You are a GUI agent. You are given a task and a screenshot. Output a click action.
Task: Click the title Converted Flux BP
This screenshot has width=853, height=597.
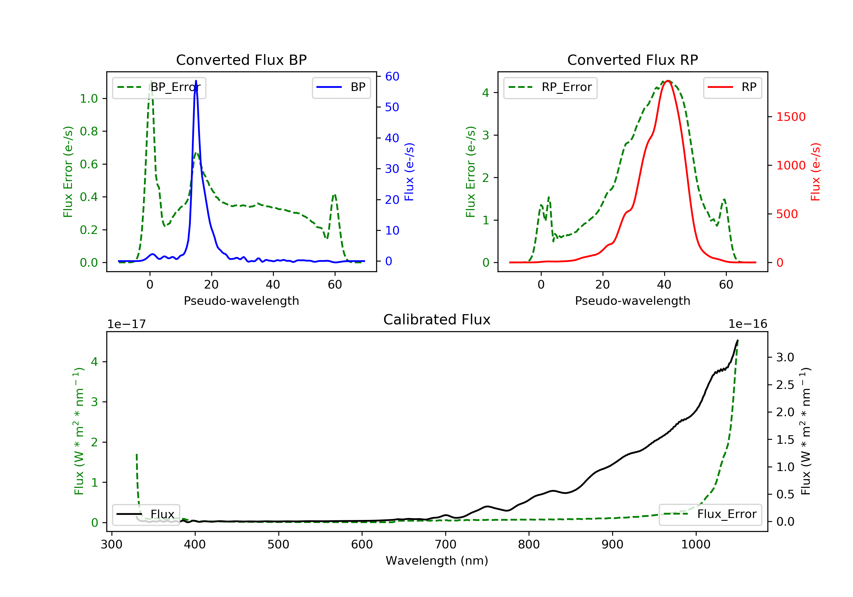tap(241, 60)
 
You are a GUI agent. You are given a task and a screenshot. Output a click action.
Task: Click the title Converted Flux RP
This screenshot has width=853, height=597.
tap(632, 60)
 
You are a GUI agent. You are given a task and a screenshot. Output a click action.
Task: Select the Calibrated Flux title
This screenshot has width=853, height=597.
tap(437, 320)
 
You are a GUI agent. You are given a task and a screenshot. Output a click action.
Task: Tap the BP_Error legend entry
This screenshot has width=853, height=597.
tap(159, 87)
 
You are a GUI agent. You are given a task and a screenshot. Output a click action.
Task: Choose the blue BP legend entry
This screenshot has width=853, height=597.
tap(341, 87)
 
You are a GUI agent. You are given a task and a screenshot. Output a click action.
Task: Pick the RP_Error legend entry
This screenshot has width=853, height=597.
tap(550, 87)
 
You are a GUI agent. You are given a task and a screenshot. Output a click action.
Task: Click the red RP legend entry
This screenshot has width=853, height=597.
tap(732, 87)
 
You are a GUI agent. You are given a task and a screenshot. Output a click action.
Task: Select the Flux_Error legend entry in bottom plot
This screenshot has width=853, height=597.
tap(710, 514)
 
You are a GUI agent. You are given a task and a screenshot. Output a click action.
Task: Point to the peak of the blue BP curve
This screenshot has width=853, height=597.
tap(196, 81)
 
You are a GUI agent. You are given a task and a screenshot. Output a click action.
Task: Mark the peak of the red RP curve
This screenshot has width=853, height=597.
tap(668, 81)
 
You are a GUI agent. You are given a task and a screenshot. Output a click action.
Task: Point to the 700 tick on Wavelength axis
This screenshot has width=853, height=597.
tap(446, 545)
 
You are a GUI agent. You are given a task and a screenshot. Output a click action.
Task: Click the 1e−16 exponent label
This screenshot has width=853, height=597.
tap(748, 324)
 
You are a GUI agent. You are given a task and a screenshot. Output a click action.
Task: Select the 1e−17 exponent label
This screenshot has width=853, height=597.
tap(126, 324)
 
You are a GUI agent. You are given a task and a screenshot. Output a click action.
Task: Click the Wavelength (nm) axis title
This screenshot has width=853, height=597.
tap(437, 561)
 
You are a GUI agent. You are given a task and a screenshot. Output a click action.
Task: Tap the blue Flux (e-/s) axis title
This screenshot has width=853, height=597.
tap(409, 172)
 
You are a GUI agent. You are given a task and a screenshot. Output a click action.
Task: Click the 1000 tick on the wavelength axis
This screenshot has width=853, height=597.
tap(695, 545)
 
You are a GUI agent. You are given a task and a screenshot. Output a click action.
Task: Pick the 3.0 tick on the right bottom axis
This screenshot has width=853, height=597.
tap(785, 357)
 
